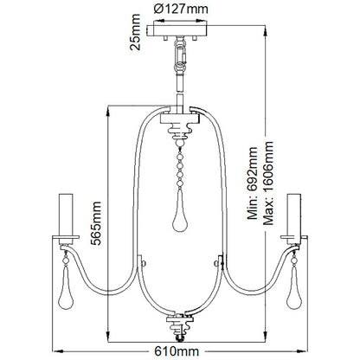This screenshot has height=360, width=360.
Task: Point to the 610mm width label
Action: click(x=181, y=351)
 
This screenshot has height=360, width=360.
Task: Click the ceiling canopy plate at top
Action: click(x=180, y=32)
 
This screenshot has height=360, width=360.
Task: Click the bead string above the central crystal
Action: click(x=181, y=173)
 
